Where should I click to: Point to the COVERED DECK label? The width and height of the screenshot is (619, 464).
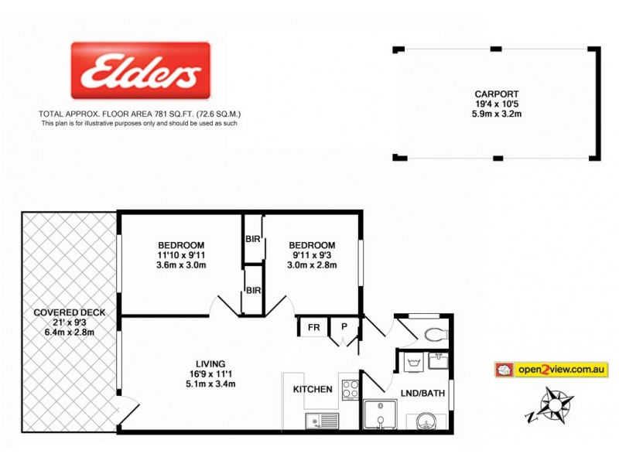tap(70, 312)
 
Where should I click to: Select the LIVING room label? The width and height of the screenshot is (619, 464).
tap(210, 363)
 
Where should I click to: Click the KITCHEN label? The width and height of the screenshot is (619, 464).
tap(313, 389)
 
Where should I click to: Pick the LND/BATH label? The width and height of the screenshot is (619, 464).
tap(422, 393)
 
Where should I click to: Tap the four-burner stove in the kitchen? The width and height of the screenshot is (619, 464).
tap(349, 387)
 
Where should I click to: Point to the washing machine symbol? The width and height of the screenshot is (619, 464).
tap(410, 361)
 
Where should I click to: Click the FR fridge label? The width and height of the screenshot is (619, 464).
tap(313, 327)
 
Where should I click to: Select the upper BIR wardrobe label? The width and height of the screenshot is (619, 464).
tap(253, 239)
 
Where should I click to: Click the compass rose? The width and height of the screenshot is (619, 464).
tap(554, 404)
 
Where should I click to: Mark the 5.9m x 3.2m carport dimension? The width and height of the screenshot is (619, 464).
tap(498, 114)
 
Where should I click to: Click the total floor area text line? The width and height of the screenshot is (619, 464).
tap(139, 113)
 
